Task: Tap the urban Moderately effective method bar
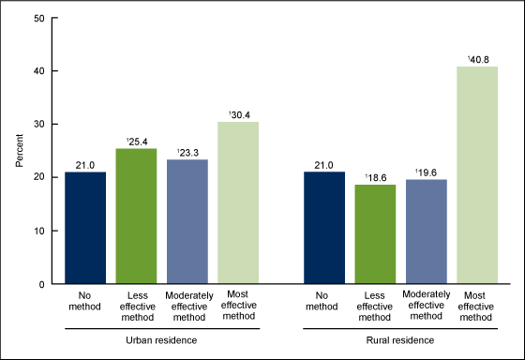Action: click(x=187, y=221)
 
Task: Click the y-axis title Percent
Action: click(x=20, y=150)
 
